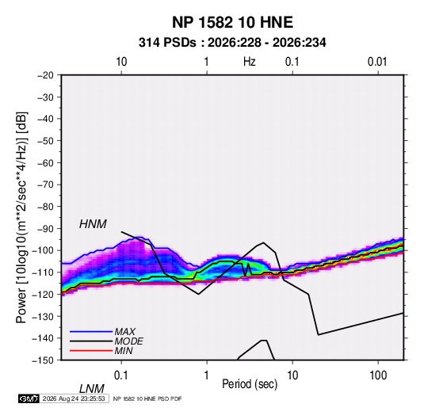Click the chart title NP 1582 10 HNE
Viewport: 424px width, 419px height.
coord(232,22)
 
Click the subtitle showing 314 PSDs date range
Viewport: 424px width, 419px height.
coord(232,43)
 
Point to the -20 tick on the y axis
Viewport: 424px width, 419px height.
coord(45,75)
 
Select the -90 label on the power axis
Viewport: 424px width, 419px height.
coord(45,229)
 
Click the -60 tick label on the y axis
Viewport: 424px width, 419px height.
coord(45,162)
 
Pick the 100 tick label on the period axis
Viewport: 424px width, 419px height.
coord(378,375)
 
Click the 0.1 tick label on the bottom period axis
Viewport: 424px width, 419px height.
coord(121,375)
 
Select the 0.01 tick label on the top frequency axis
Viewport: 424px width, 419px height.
coord(377,62)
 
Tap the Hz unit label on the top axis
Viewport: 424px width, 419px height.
coord(250,62)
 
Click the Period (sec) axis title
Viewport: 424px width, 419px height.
coord(250,384)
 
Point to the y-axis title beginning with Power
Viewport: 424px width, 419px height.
coord(22,218)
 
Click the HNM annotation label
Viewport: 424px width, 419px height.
coord(93,224)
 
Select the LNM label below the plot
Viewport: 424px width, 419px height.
coord(91,389)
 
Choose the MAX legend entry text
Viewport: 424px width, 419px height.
coord(125,331)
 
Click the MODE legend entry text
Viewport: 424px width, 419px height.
coord(128,341)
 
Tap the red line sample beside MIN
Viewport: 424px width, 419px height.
coord(91,351)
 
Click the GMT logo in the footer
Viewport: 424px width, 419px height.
coord(29,398)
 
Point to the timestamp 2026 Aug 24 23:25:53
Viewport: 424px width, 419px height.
coord(74,398)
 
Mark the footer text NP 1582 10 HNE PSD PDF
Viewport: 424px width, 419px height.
coord(147,398)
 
